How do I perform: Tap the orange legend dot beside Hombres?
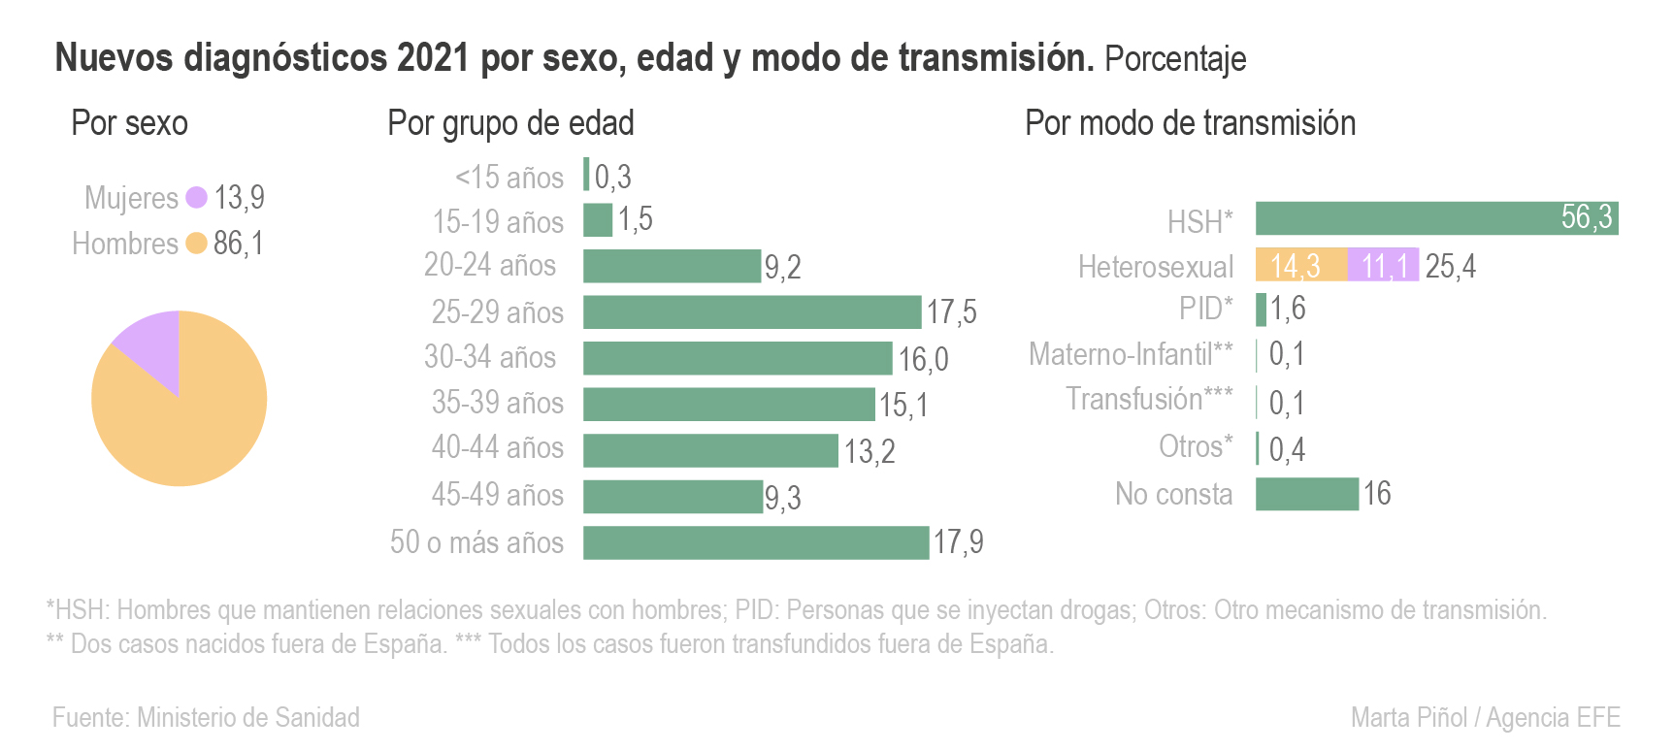coord(196,244)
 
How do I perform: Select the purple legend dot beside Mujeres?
coord(196,197)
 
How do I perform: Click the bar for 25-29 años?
coord(751,312)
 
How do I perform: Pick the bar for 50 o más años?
coord(755,542)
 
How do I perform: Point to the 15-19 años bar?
coord(598,220)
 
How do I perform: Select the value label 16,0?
coord(923,359)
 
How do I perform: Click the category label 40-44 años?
coord(497,448)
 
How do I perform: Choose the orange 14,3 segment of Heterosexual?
coord(1300,265)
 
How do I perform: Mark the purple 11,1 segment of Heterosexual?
coord(1383,265)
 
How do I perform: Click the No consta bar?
coord(1306,494)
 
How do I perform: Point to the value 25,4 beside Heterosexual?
coord(1450,266)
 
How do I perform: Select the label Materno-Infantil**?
coord(1131,354)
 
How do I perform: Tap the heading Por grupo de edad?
coord(510,124)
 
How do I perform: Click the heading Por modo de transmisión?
coord(1190,124)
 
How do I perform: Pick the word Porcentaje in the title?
coord(1175,59)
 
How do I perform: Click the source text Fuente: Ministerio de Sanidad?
coord(206,718)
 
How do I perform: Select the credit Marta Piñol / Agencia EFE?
coord(1485,718)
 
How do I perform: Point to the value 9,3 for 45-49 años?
coord(782,498)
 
